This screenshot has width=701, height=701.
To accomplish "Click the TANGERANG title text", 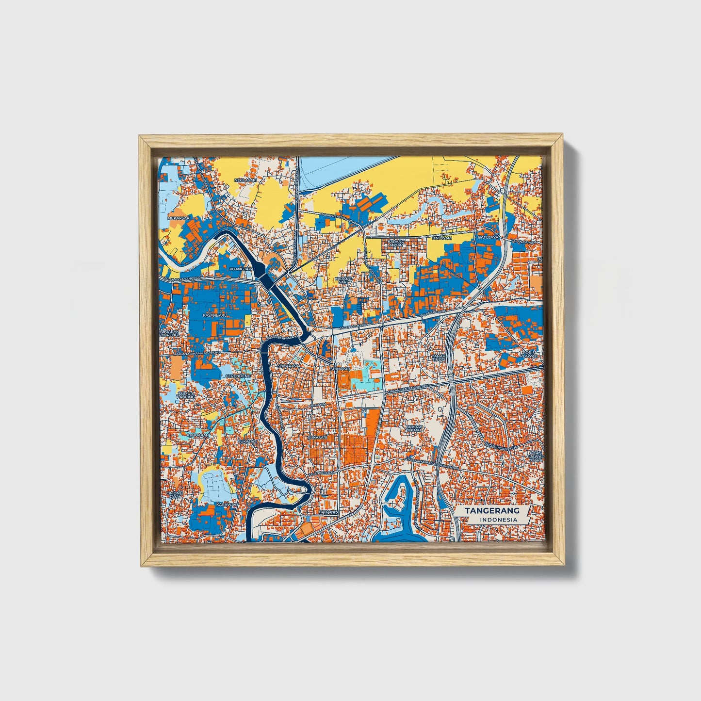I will [492, 511].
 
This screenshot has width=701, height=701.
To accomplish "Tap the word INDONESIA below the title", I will [498, 520].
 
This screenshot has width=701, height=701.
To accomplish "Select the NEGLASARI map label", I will [245, 180].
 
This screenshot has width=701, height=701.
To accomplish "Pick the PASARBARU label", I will [215, 315].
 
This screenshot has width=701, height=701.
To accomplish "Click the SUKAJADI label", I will [247, 442].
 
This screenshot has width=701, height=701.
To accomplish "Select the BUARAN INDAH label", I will [415, 428].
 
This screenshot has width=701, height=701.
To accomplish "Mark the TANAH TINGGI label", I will [439, 357].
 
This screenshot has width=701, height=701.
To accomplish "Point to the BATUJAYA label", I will [488, 237].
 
